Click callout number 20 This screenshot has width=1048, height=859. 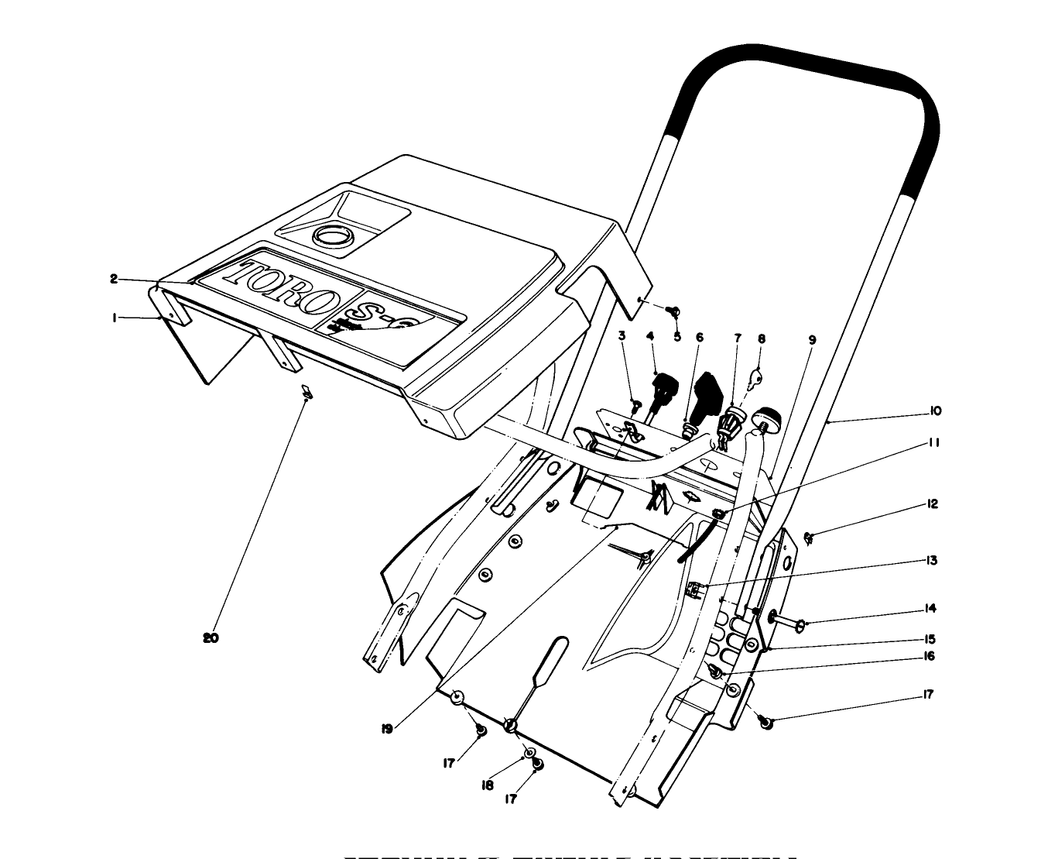tap(211, 638)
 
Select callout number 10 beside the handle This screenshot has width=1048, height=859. tap(935, 411)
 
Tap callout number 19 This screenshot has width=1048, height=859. tap(387, 728)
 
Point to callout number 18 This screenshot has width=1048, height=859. tap(488, 785)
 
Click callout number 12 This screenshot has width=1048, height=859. tap(933, 504)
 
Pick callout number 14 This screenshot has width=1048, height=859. tap(930, 608)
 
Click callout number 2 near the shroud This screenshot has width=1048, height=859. tap(114, 279)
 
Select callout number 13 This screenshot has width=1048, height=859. tap(932, 560)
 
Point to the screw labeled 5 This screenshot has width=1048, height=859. tap(673, 311)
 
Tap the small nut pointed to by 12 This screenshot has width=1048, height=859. tap(809, 538)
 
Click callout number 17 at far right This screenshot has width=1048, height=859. tap(929, 694)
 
